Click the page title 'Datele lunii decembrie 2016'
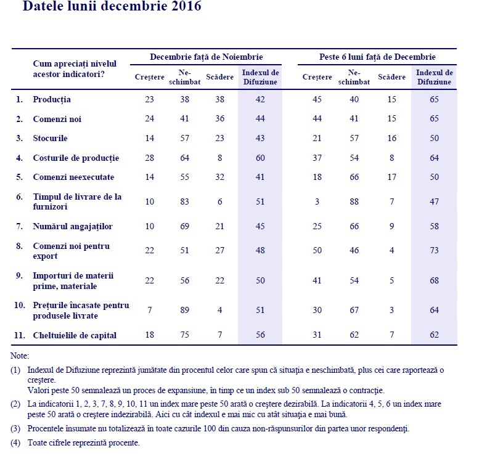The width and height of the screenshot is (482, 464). [112, 7]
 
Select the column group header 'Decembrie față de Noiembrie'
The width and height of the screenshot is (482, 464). [206, 57]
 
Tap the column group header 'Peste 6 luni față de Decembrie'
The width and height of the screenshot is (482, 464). [378, 57]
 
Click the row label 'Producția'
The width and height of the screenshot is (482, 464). [52, 99]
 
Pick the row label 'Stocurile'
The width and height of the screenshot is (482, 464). [50, 138]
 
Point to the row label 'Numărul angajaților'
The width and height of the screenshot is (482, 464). [73, 226]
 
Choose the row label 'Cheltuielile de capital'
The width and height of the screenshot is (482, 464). [75, 335]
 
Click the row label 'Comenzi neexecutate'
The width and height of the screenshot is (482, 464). [74, 177]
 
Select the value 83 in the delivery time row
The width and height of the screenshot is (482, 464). [184, 201]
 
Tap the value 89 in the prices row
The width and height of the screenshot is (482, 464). [184, 311]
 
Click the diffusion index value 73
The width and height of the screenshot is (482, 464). [435, 251]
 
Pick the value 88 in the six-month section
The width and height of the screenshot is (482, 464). [353, 201]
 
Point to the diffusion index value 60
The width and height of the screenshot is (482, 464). [261, 158]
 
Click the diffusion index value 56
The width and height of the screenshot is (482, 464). [261, 335]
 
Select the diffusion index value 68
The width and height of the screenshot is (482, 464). [435, 281]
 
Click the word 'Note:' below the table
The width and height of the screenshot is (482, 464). [20, 356]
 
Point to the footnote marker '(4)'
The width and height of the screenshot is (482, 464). [16, 443]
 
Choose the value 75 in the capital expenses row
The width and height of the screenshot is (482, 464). [184, 335]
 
